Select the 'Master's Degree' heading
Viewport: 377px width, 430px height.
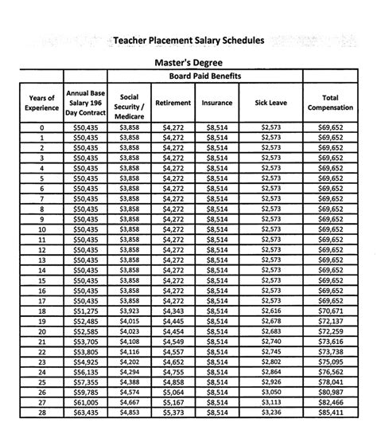(189, 61)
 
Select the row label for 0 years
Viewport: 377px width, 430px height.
(41, 127)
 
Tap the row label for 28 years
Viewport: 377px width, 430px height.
(41, 413)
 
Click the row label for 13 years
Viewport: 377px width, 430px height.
(41, 260)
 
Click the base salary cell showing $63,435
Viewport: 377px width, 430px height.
(86, 413)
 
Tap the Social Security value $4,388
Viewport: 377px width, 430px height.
(129, 382)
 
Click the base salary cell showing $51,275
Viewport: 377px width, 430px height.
(86, 311)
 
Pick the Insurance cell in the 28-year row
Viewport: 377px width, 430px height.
(217, 413)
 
